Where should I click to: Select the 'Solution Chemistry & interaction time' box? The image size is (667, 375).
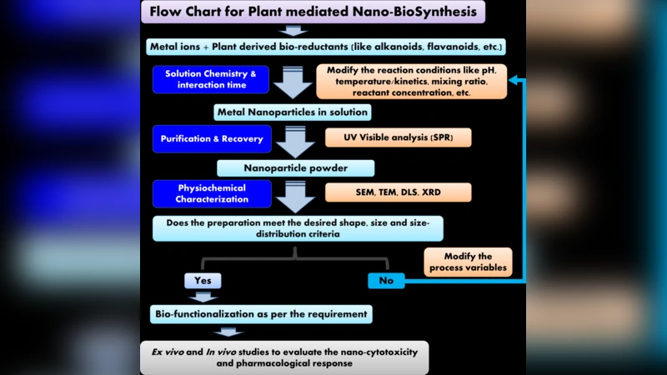pyautogui.click(x=211, y=79)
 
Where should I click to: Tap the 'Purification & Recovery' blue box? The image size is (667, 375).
pyautogui.click(x=211, y=138)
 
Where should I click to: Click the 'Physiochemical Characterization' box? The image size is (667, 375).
pyautogui.click(x=211, y=193)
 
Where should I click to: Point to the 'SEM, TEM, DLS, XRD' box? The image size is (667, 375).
pyautogui.click(x=398, y=192)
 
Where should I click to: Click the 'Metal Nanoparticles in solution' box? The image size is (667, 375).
pyautogui.click(x=291, y=112)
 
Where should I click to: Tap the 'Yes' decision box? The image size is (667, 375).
pyautogui.click(x=203, y=281)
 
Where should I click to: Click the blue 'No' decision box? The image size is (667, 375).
pyautogui.click(x=386, y=281)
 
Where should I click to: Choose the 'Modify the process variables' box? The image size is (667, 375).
pyautogui.click(x=467, y=262)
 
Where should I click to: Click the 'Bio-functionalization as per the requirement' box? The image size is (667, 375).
pyautogui.click(x=261, y=314)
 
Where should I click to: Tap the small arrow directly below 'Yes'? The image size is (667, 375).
pyautogui.click(x=203, y=296)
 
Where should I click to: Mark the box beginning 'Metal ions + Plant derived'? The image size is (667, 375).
pyautogui.click(x=326, y=46)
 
